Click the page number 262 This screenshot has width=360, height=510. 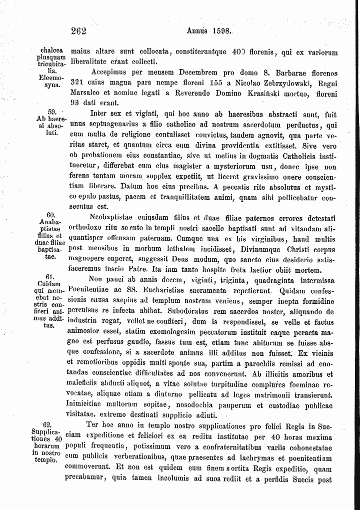click(x=79, y=31)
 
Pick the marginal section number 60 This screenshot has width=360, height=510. click(x=50, y=215)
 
